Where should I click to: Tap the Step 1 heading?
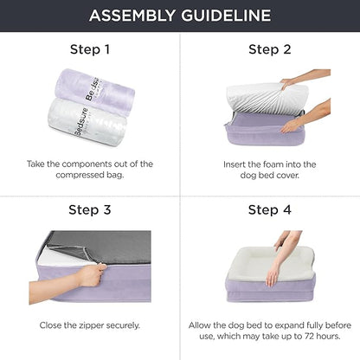point(89,49)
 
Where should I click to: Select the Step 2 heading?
point(269,49)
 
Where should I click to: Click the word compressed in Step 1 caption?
point(73,174)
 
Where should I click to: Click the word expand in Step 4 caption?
point(290,325)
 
